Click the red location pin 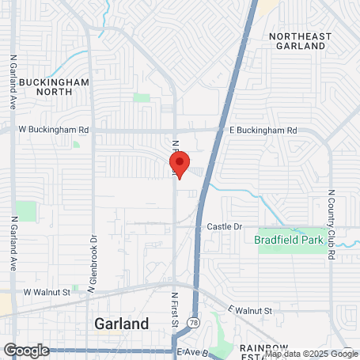click(180, 165)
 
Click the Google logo click(26, 350)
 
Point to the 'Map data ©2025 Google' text click(311, 354)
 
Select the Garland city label click(121, 324)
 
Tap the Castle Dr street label click(224, 226)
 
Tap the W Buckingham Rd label click(53, 129)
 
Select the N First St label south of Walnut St click(175, 309)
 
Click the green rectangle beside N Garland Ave click(25, 211)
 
